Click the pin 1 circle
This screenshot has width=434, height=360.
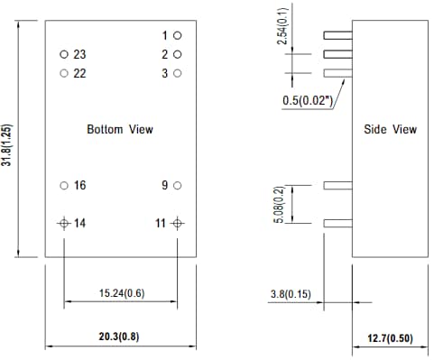[178, 35]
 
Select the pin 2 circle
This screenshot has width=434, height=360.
[178, 54]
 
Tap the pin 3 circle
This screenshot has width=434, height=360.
[178, 73]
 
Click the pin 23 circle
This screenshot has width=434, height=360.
[64, 54]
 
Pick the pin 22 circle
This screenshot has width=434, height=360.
[64, 73]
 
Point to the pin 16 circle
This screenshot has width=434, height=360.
[64, 185]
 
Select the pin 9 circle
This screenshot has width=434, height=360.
[178, 185]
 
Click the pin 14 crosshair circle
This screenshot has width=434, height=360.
[64, 222]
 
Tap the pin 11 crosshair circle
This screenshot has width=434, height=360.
[178, 222]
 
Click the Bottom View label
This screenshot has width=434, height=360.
[120, 129]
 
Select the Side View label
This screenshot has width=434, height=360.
[390, 129]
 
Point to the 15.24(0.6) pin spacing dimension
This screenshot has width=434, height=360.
[120, 293]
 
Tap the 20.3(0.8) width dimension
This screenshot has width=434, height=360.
[120, 336]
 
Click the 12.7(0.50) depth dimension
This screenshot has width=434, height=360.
[389, 337]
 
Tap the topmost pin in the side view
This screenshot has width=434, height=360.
[337, 35]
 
